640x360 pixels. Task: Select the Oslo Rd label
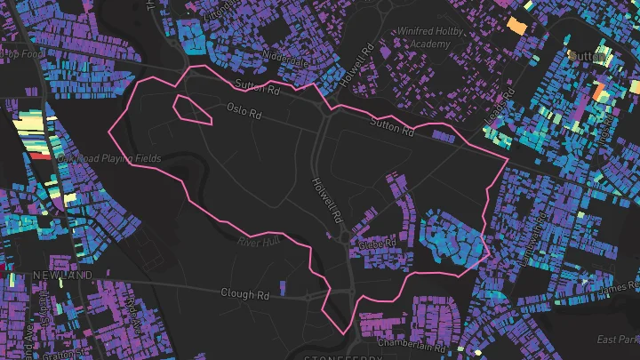click(x=244, y=111)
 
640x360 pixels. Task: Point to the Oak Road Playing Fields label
click(x=109, y=158)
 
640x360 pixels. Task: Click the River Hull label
click(x=259, y=241)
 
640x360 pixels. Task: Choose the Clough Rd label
click(x=244, y=294)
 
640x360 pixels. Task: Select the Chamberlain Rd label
click(x=409, y=342)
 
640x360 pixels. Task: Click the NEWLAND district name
click(x=62, y=276)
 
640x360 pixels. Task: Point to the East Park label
click(x=619, y=340)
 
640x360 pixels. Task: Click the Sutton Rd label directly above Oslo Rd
click(x=257, y=86)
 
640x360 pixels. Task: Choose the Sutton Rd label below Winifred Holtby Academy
click(x=392, y=125)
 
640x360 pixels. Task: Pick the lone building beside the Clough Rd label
click(x=284, y=286)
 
